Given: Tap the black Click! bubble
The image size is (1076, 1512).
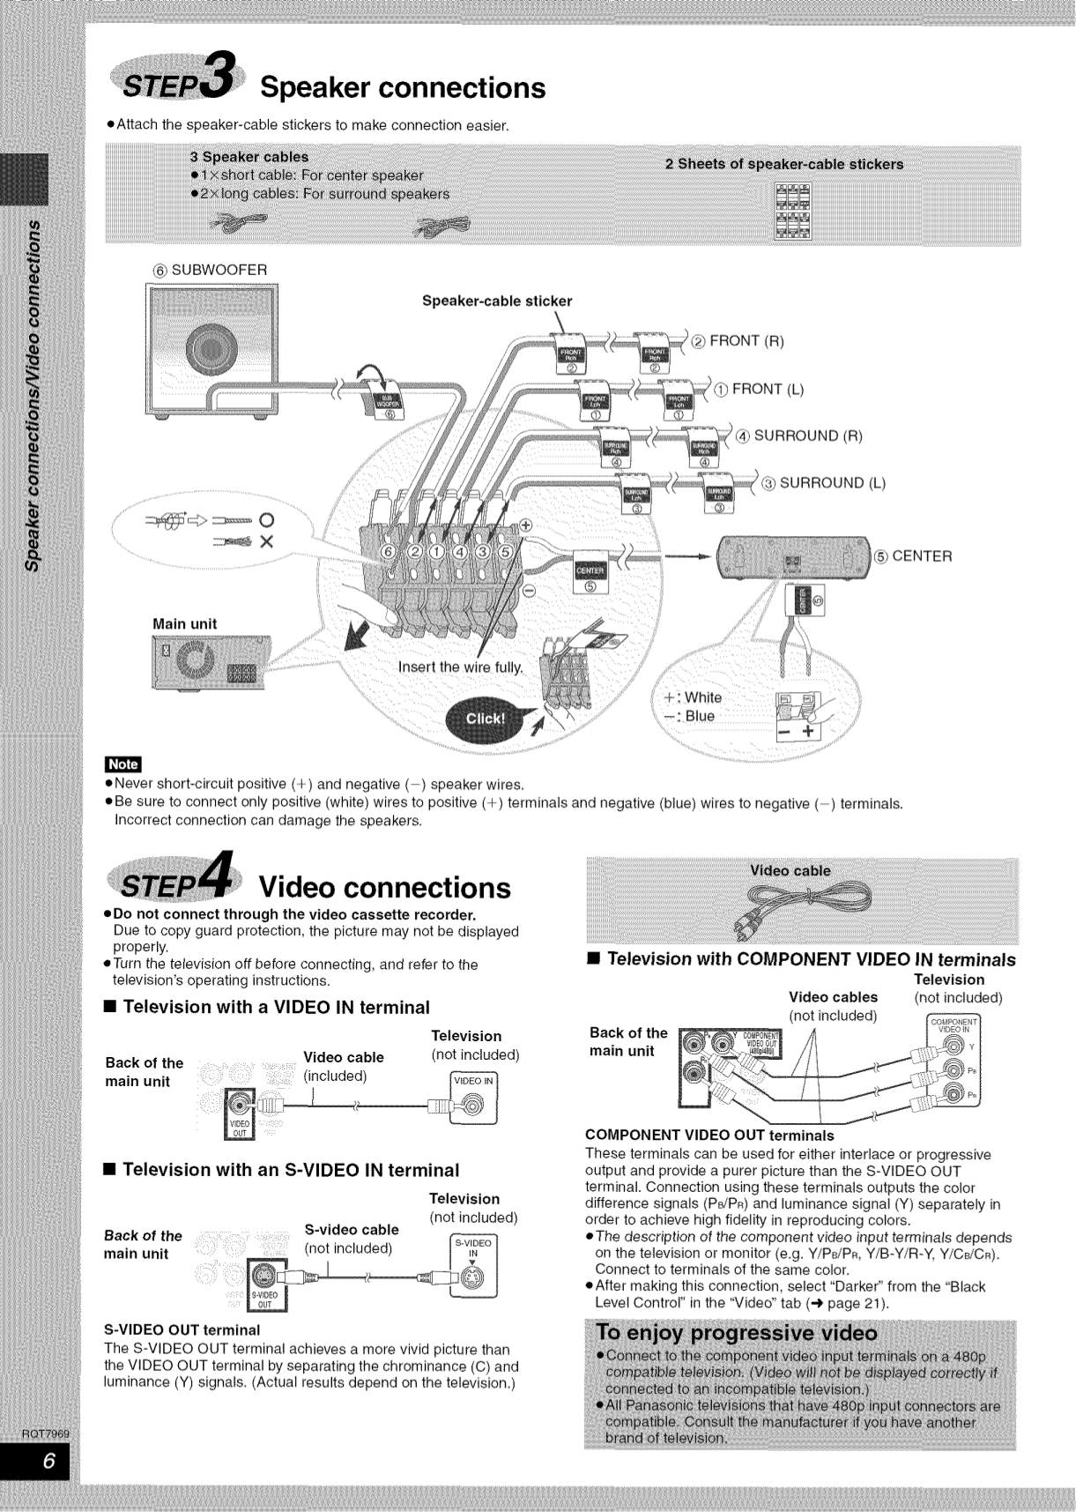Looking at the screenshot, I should tap(484, 719).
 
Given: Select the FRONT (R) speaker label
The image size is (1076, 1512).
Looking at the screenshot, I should tap(746, 341).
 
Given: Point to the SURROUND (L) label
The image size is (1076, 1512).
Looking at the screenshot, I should tap(831, 482).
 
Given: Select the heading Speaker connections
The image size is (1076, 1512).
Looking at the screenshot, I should tap(403, 87).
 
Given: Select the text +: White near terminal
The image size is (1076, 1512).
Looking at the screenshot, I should tap(693, 697).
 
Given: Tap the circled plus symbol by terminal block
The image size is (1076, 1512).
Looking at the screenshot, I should tap(527, 525).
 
